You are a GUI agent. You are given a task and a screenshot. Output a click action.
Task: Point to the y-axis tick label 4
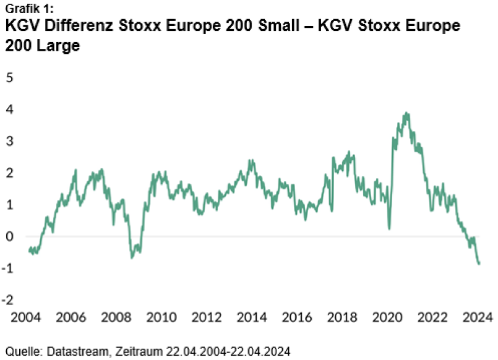point(9,109)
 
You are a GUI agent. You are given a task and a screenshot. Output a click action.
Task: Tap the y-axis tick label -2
point(8,300)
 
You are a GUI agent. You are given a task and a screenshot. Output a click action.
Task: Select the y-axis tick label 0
point(9,236)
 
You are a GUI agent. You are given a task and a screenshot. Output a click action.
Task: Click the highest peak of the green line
point(406,113)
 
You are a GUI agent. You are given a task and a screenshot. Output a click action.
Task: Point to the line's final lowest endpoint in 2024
point(479,264)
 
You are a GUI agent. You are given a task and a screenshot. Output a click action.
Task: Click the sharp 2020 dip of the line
point(389,229)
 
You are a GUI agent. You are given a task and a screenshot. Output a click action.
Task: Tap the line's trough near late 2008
point(132,257)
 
